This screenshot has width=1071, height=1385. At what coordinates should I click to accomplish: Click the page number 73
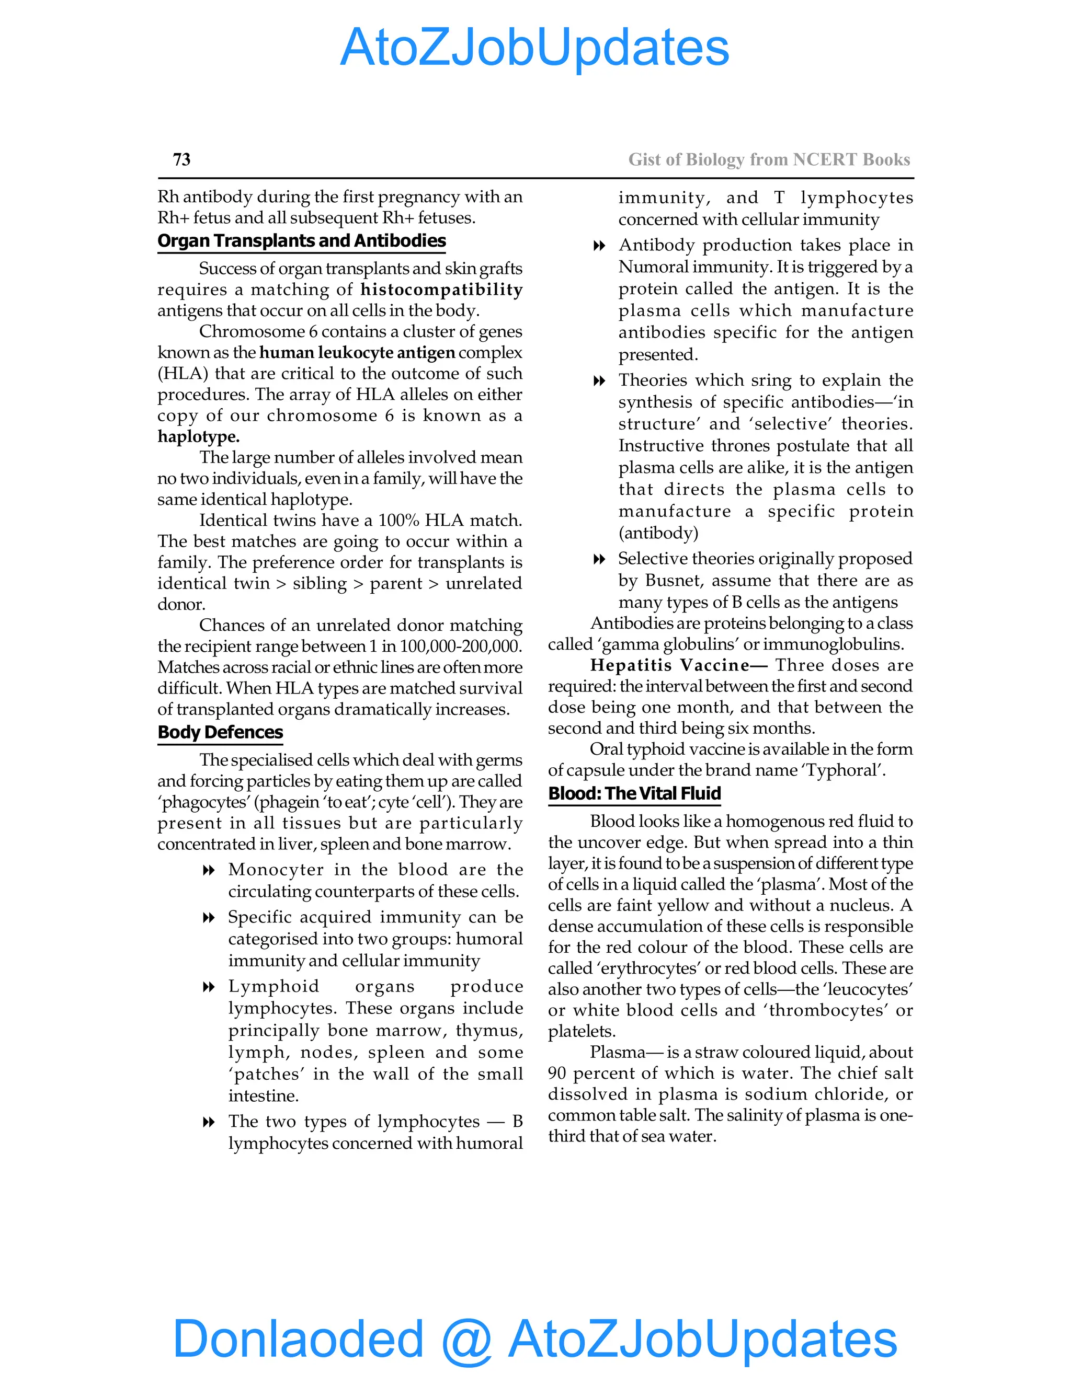pyautogui.click(x=181, y=159)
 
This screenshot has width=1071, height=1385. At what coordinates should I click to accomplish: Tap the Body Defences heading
pyautogui.click(x=220, y=732)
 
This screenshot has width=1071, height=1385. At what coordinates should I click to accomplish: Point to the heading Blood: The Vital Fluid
pyautogui.click(x=634, y=793)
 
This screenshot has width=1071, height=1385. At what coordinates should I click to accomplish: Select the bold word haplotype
pyautogui.click(x=199, y=436)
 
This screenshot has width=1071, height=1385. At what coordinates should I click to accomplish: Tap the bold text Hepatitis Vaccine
pyautogui.click(x=670, y=665)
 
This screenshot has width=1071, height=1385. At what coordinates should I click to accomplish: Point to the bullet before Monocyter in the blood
pyautogui.click(x=208, y=871)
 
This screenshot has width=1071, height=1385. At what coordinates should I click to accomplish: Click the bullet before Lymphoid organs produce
pyautogui.click(x=208, y=987)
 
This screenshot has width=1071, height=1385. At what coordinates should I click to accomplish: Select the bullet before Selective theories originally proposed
pyautogui.click(x=598, y=559)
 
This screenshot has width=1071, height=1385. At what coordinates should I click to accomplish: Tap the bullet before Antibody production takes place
pyautogui.click(x=598, y=246)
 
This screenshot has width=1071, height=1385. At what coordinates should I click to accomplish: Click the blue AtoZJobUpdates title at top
pyautogui.click(x=534, y=48)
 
